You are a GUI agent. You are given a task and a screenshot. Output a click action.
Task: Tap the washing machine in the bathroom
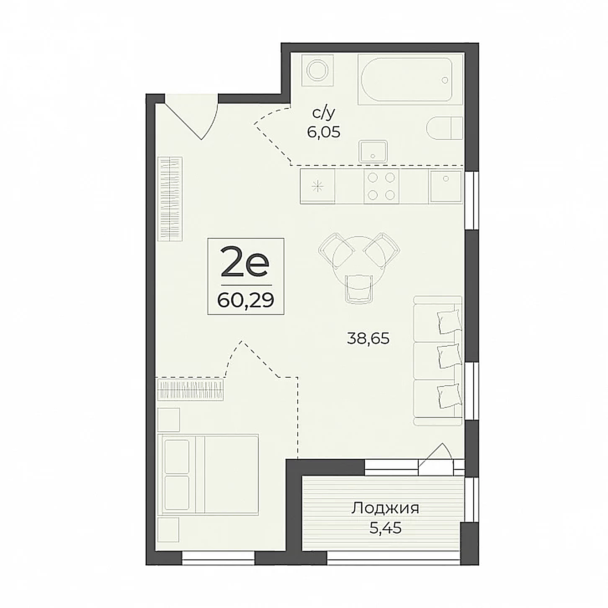(x=317, y=70)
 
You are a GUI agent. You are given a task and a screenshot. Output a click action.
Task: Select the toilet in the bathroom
(x=444, y=128)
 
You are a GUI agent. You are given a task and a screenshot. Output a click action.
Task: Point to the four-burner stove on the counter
(x=381, y=186)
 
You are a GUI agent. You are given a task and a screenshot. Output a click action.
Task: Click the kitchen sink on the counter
(x=445, y=186)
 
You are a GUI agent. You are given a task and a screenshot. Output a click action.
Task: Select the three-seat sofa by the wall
(x=438, y=361)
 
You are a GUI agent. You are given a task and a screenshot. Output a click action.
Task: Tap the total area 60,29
(x=245, y=301)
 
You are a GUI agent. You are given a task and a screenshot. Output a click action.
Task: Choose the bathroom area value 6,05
(x=324, y=132)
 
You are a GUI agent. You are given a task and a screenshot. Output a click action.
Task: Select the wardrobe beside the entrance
(x=170, y=199)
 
